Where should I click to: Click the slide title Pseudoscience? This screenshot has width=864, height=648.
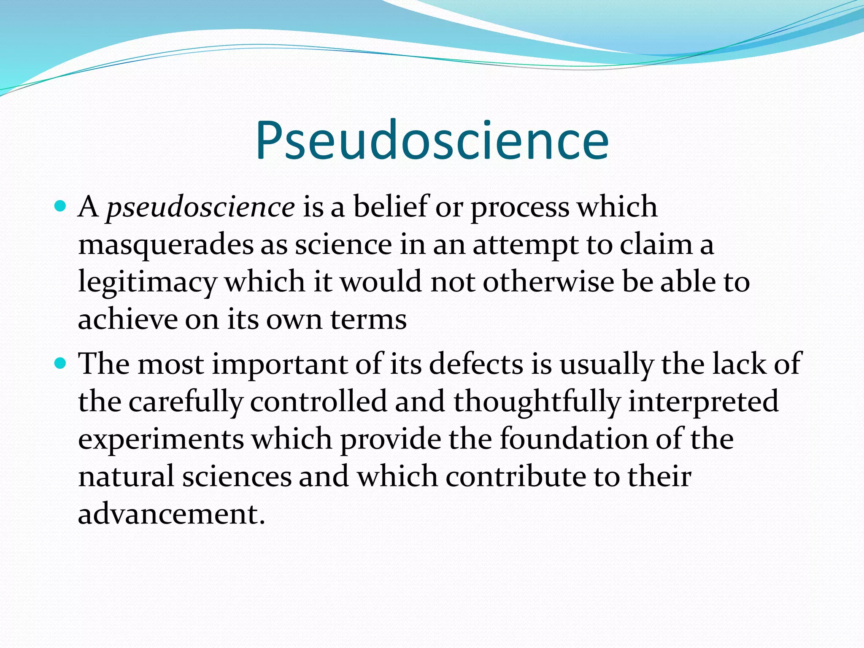pos(432,141)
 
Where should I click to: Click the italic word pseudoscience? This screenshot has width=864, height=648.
pos(200,208)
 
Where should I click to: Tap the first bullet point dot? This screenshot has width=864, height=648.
pos(61,206)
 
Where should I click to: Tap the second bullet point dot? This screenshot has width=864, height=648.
pos(61,363)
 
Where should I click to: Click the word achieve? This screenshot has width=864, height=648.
pos(127,319)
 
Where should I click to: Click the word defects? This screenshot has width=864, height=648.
pos(476,364)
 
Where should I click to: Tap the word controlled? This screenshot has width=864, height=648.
pos(318,401)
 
